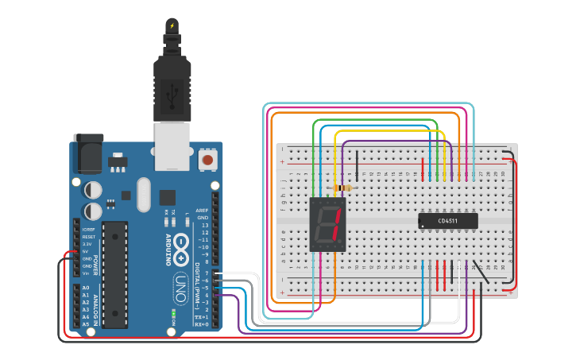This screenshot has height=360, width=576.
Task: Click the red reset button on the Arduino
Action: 207,159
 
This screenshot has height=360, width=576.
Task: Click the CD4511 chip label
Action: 448,221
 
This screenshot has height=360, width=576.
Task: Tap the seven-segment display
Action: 327,224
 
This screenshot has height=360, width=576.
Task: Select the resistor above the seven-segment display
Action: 344,188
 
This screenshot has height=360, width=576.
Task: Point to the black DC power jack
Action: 87,153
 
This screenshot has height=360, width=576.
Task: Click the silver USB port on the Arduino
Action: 172,145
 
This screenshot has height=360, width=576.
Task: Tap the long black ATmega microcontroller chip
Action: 115,274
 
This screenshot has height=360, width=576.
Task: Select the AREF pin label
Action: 202,211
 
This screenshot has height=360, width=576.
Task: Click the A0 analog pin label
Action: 86,287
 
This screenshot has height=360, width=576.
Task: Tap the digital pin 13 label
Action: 204,225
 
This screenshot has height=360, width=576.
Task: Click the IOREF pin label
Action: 89,229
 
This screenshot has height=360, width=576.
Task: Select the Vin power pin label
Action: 86,273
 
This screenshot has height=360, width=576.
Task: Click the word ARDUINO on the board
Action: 168,250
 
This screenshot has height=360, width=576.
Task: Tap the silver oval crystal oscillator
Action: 143,194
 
